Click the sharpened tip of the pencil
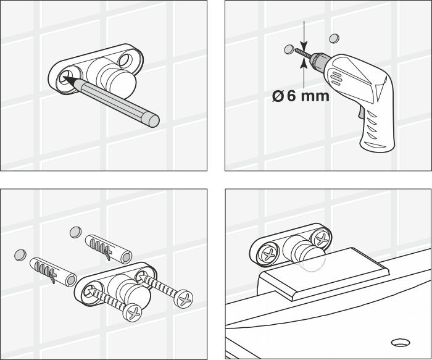(x=67, y=79)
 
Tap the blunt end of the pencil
(x=153, y=119)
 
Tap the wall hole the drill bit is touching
(x=288, y=49)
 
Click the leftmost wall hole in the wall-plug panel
(x=20, y=253)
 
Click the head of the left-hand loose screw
(x=133, y=314)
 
